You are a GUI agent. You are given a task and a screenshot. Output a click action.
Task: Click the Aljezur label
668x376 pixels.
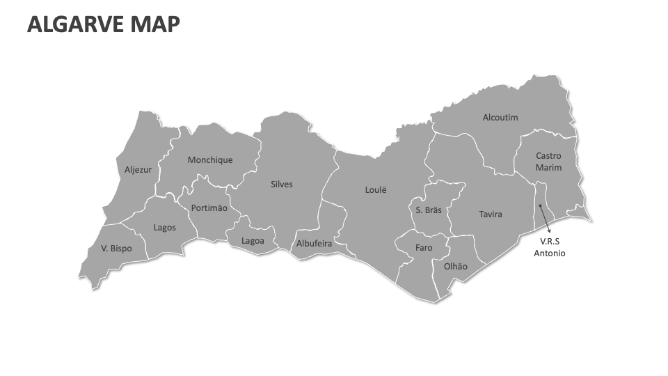coord(138,169)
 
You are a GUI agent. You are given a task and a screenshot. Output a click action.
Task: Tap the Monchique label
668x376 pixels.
coord(210,159)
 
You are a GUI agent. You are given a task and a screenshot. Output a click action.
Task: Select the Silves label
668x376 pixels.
coord(282,185)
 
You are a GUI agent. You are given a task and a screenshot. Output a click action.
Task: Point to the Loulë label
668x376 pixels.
coord(375,189)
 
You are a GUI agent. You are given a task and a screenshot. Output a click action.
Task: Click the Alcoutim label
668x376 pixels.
coord(500,117)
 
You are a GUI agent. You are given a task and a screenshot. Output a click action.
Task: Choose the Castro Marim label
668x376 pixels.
coord(548,162)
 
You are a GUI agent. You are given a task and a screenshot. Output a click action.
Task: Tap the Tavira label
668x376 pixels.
coord(491,214)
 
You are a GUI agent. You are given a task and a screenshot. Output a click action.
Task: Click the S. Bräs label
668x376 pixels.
coord(429,210)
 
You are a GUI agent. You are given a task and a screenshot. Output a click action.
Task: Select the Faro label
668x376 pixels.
coord(424,247)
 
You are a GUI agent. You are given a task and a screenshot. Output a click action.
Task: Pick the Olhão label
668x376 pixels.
coord(456,266)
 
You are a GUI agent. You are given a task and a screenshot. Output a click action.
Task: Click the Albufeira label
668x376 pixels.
coord(315,244)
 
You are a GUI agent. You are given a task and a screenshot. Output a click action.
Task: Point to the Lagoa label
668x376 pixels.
coord(253,241)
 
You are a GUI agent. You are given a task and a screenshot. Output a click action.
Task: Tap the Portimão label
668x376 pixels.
coord(209,207)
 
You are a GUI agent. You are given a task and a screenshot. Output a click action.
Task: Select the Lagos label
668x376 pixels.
coord(165,227)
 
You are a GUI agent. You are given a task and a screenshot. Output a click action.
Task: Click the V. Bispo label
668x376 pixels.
coord(116,248)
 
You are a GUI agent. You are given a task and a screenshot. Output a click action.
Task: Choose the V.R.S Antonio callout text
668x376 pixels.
coord(549,247)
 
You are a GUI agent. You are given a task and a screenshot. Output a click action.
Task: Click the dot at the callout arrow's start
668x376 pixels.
coord(541,206)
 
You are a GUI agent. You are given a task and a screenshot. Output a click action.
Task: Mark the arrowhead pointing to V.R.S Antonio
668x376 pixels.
coord(549,231)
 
